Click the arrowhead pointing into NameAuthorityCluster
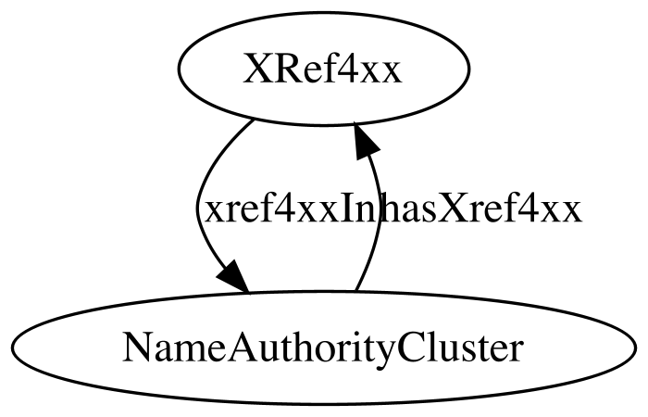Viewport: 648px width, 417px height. tap(233, 278)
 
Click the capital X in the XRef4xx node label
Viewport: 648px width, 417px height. tap(256, 69)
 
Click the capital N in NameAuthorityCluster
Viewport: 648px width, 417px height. tap(138, 347)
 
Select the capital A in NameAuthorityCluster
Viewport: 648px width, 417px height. tap(243, 347)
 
